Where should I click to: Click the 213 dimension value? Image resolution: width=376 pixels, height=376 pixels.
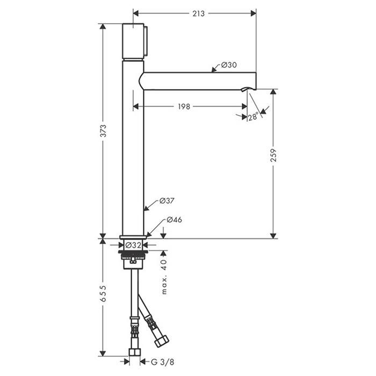click(199, 13)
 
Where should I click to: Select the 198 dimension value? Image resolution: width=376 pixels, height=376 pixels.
click(184, 106)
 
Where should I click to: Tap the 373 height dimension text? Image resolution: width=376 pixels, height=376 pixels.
click(103, 131)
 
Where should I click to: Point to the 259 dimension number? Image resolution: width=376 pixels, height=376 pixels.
click(273, 155)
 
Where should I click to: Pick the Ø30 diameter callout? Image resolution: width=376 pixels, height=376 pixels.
click(229, 65)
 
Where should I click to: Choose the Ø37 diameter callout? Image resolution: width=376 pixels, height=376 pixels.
click(167, 201)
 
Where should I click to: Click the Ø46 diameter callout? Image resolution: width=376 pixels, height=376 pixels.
click(175, 220)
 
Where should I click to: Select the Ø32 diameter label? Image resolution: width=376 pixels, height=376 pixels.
click(133, 245)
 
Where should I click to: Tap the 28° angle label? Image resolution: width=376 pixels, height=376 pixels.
click(253, 117)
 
